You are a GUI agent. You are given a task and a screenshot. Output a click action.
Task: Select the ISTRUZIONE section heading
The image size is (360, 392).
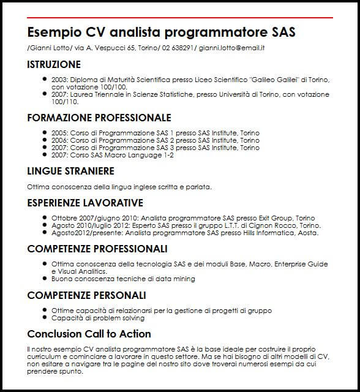(x=54, y=64)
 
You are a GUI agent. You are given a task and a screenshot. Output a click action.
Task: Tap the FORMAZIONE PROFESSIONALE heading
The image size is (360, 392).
(x=99, y=118)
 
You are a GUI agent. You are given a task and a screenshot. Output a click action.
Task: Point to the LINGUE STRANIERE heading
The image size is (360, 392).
(x=70, y=171)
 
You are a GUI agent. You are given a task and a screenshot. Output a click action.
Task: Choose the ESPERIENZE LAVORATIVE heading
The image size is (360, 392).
(x=85, y=203)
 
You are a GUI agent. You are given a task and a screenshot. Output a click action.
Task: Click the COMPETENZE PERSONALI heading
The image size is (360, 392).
(x=86, y=295)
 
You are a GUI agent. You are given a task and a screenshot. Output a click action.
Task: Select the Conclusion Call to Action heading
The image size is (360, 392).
(x=89, y=334)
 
